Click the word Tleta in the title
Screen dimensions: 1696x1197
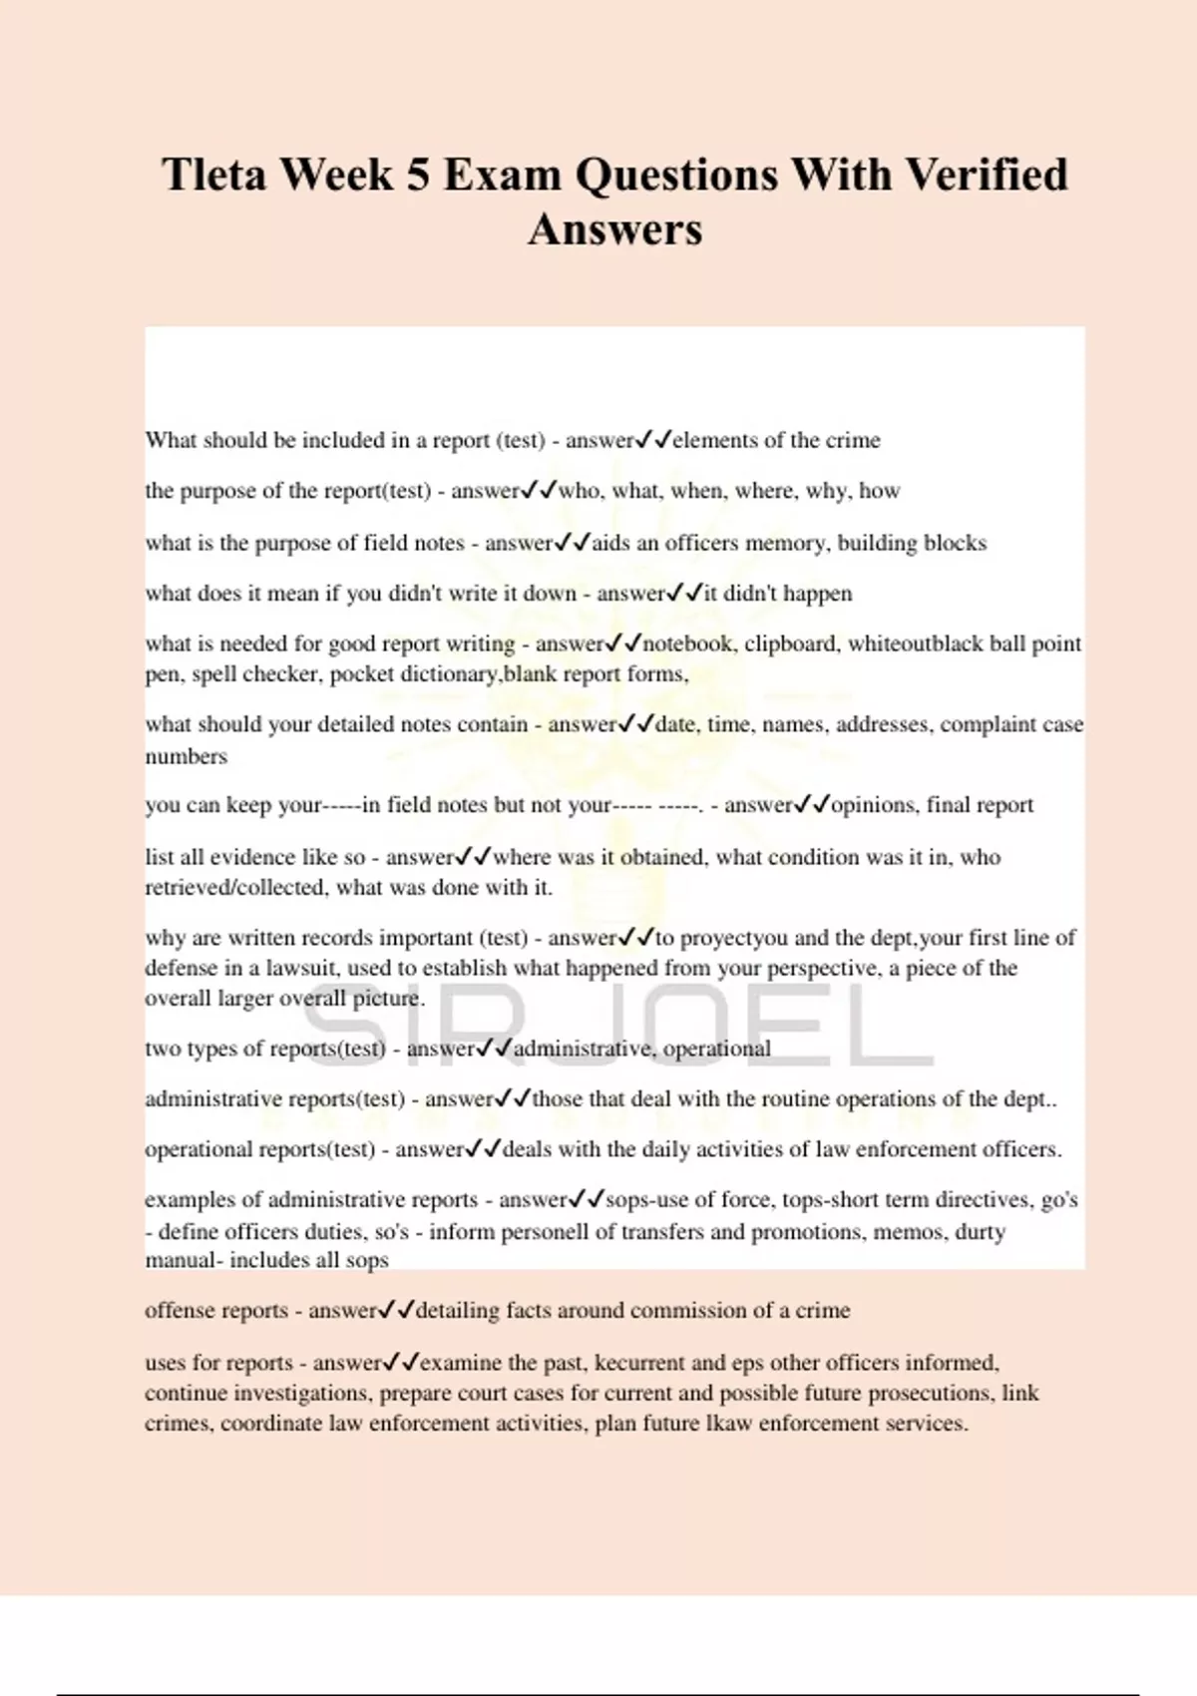click(x=213, y=176)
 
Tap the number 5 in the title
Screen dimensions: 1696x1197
click(x=417, y=176)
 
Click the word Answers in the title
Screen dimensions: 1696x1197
click(x=614, y=229)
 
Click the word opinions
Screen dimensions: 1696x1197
click(x=874, y=805)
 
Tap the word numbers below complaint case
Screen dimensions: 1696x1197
click(x=186, y=756)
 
